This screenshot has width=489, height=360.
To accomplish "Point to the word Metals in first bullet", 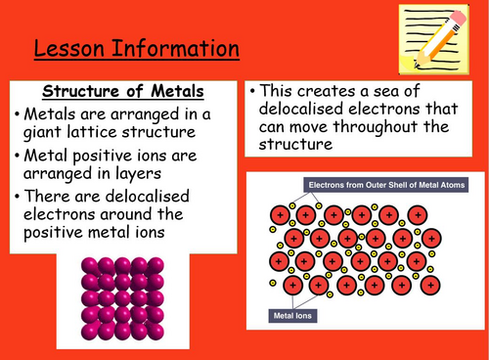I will click(x=50, y=110).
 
